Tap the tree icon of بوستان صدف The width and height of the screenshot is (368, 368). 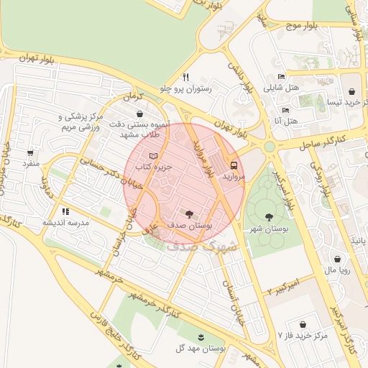click(x=189, y=213)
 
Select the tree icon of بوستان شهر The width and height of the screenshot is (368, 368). click(x=269, y=216)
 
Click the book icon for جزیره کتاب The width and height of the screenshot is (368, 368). click(x=152, y=155)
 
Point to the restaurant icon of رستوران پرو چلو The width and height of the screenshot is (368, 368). click(x=185, y=77)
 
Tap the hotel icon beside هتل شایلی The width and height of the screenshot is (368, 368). click(x=280, y=77)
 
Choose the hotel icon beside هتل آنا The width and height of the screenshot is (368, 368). click(x=285, y=110)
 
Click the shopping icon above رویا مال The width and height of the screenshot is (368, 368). click(x=337, y=259)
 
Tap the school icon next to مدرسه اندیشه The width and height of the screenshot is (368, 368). click(x=65, y=211)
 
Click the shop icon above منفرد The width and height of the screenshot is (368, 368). click(x=30, y=152)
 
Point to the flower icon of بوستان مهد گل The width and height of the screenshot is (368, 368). click(x=201, y=336)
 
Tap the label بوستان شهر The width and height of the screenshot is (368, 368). click(x=269, y=229)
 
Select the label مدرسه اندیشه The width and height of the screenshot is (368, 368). click(x=65, y=223)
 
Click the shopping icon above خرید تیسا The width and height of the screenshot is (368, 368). click(x=351, y=91)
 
